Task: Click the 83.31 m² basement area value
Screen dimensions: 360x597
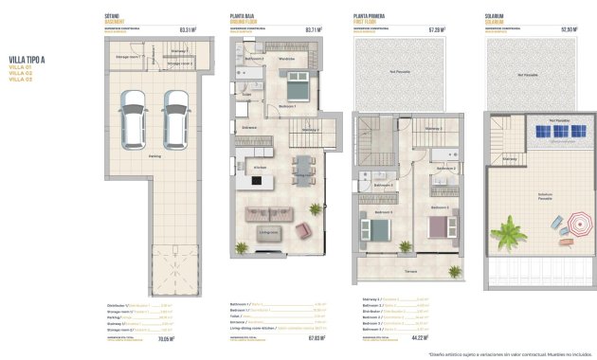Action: [x=186, y=29]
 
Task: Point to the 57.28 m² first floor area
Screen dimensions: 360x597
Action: [x=437, y=29]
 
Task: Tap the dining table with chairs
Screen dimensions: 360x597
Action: [x=301, y=173]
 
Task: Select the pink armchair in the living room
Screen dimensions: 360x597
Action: [x=303, y=230]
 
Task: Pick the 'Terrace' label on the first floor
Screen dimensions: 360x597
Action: [x=410, y=272]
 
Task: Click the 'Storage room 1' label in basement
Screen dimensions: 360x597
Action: [x=128, y=57]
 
